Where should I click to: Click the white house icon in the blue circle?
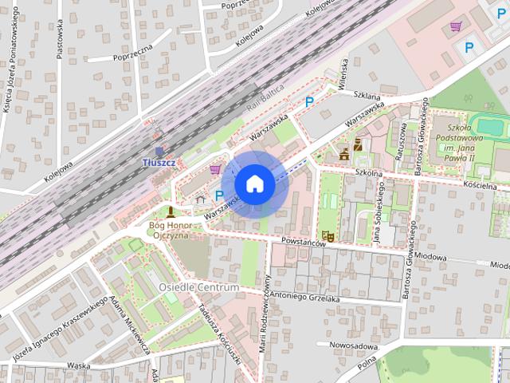[254, 184]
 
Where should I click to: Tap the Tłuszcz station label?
[159, 163]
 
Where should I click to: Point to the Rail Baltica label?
[265, 98]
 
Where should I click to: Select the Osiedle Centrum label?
[199, 287]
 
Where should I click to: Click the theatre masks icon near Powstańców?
[328, 236]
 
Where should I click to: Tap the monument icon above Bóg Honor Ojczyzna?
[171, 212]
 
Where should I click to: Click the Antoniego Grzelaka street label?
[304, 298]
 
